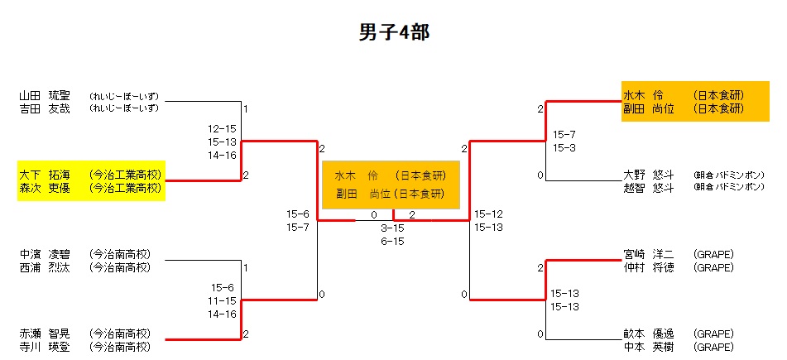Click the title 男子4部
[x=393, y=32]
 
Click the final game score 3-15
[x=392, y=228]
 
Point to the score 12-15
[x=223, y=128]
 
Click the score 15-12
[x=488, y=214]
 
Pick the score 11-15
[x=223, y=300]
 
